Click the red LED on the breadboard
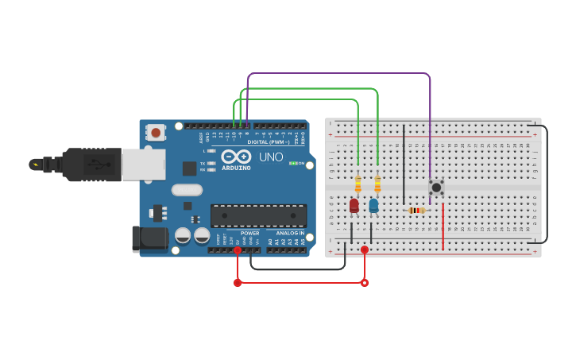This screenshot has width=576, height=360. click(354, 205)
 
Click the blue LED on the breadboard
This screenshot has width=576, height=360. click(373, 205)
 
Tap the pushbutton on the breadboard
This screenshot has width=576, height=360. click(435, 187)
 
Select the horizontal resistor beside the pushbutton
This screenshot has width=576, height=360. click(416, 211)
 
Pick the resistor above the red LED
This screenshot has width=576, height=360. click(358, 184)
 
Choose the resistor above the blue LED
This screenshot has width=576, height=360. click(377, 184)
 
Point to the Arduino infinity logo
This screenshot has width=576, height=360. click(236, 157)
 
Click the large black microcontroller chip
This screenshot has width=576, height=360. click(258, 215)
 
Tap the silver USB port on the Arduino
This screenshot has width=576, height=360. click(143, 165)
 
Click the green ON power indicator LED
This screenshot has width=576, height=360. click(292, 163)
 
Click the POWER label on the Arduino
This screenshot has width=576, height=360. click(249, 233)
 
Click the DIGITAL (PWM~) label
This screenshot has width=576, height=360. click(269, 142)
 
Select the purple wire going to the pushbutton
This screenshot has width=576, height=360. click(430, 119)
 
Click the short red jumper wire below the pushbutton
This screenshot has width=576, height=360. click(443, 226)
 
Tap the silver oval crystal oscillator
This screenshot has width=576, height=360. click(187, 190)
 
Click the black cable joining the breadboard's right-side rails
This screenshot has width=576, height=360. click(547, 183)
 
